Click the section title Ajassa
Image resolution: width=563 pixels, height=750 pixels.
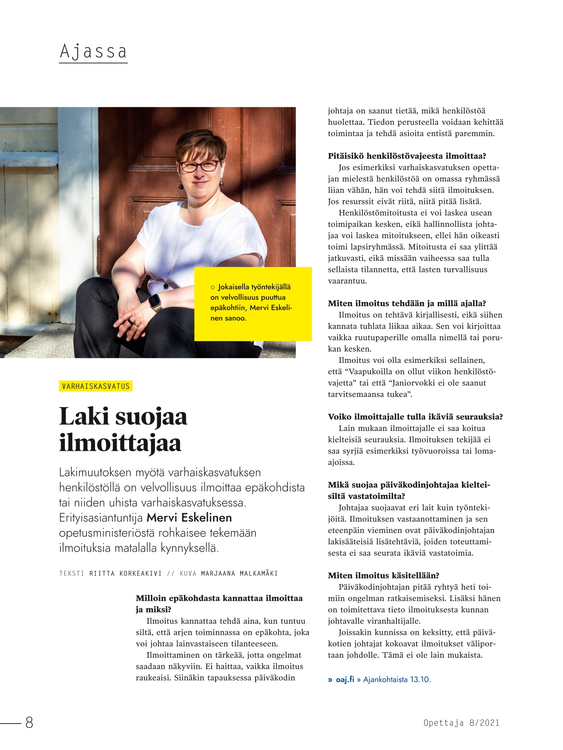(x=93, y=51)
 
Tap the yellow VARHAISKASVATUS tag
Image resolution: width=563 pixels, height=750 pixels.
(x=96, y=386)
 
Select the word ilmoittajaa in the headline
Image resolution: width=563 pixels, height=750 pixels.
(x=120, y=443)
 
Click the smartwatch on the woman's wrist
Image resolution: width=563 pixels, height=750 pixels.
(x=154, y=302)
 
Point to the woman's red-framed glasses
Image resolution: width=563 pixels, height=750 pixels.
(x=199, y=166)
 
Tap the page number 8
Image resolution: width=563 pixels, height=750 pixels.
(x=29, y=722)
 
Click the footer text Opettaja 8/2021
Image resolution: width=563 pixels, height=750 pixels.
(x=461, y=722)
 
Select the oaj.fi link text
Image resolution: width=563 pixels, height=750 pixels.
(x=345, y=679)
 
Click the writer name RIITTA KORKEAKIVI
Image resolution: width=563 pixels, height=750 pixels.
(x=126, y=573)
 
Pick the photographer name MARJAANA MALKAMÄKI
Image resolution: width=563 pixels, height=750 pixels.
(x=239, y=573)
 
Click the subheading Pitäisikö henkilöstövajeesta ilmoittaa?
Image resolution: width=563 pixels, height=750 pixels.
(x=407, y=156)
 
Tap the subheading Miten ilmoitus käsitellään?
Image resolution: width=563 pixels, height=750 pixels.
(x=383, y=576)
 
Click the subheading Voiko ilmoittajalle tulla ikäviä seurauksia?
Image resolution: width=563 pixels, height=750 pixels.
(x=415, y=417)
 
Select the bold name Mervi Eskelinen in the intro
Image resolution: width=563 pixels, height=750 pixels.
(x=189, y=518)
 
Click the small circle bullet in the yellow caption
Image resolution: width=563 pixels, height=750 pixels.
(x=213, y=288)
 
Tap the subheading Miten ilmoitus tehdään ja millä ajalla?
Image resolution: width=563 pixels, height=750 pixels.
(x=407, y=303)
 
